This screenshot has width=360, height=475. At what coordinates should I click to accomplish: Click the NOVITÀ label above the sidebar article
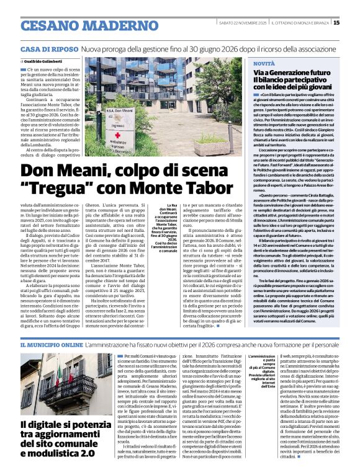tap(264, 64)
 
